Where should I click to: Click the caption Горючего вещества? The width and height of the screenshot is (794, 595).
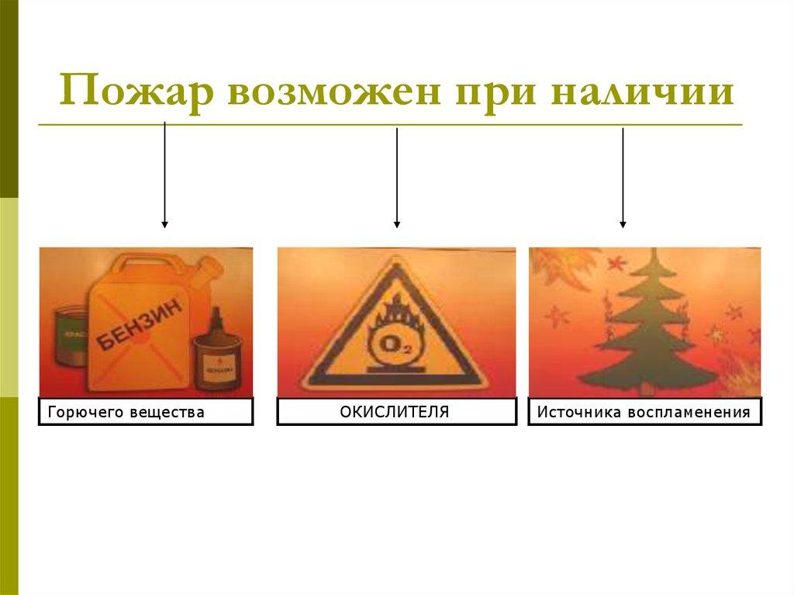146,412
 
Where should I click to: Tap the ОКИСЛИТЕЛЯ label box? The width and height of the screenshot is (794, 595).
396,411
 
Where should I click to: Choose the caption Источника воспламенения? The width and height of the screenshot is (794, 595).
644,412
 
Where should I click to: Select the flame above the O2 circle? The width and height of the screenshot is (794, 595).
396,315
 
